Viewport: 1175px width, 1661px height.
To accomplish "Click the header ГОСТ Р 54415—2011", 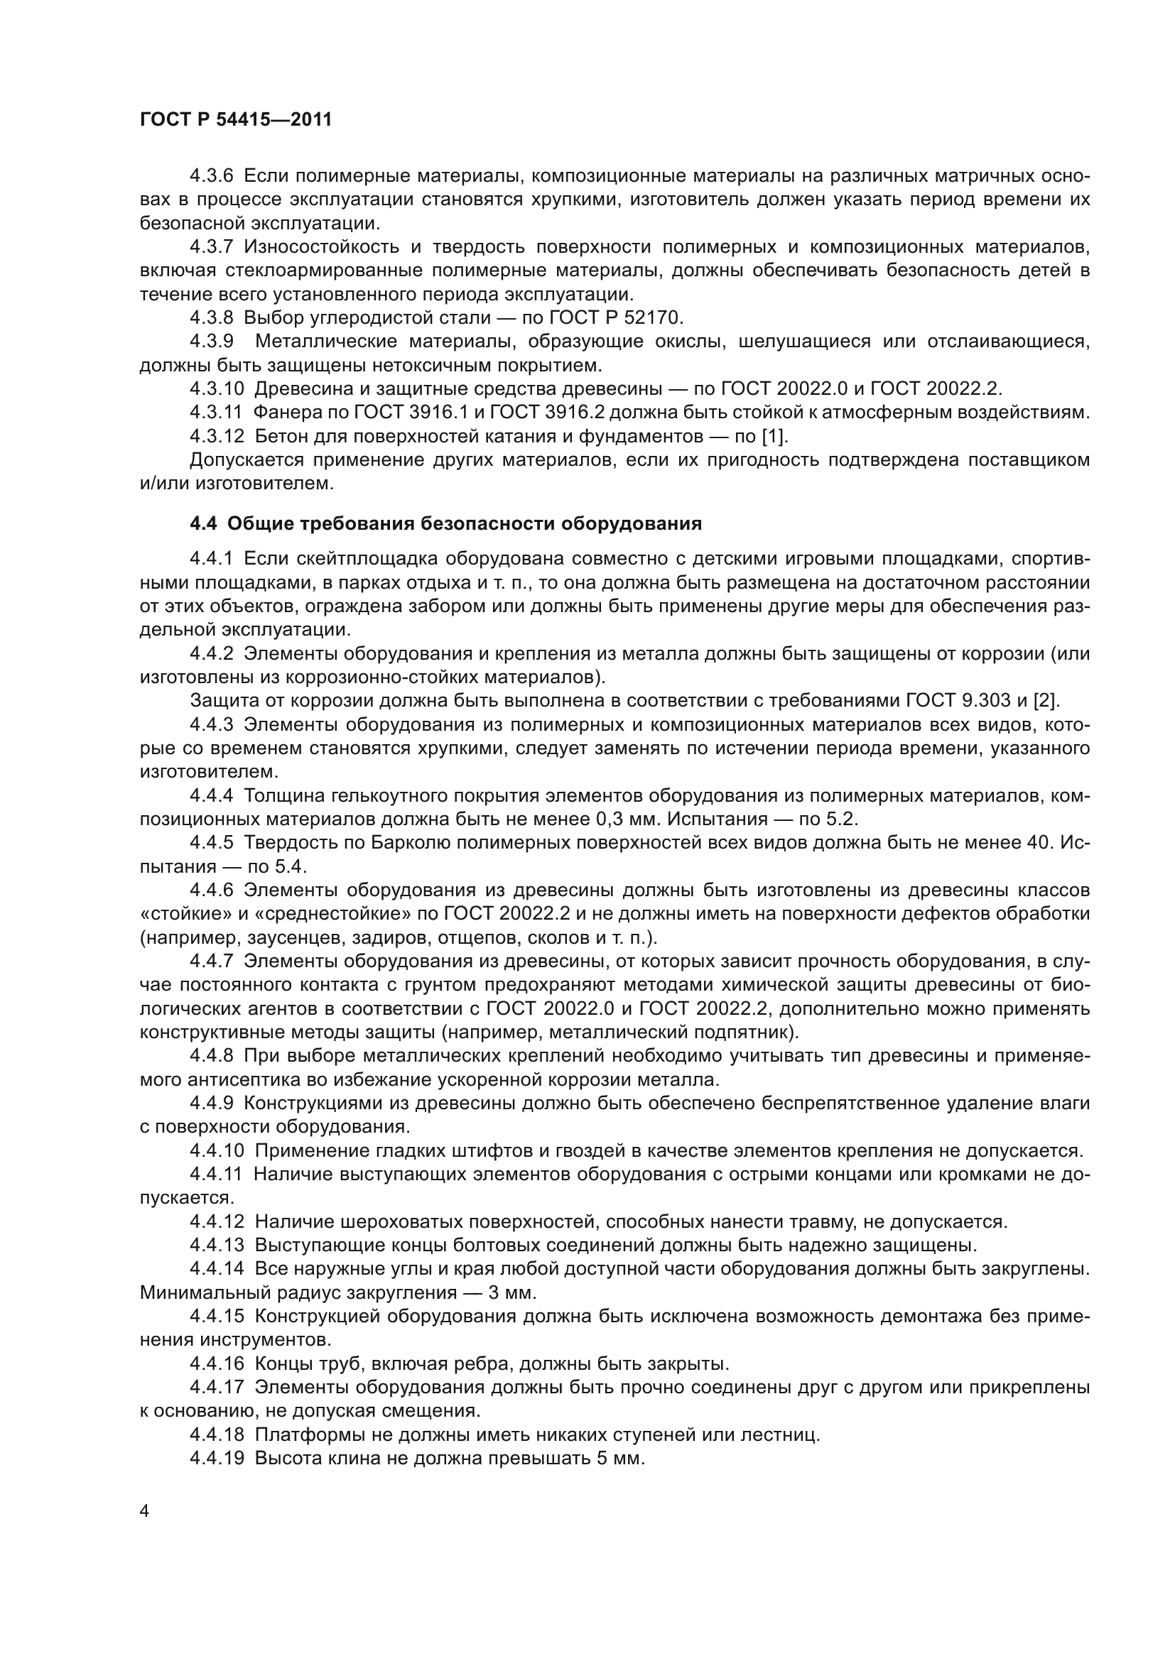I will (x=235, y=120).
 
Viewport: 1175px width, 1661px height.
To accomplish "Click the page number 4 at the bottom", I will (x=144, y=1511).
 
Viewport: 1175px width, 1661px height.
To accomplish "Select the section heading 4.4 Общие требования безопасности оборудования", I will (x=445, y=524).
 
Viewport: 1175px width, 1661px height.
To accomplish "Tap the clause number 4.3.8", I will (x=211, y=317).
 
